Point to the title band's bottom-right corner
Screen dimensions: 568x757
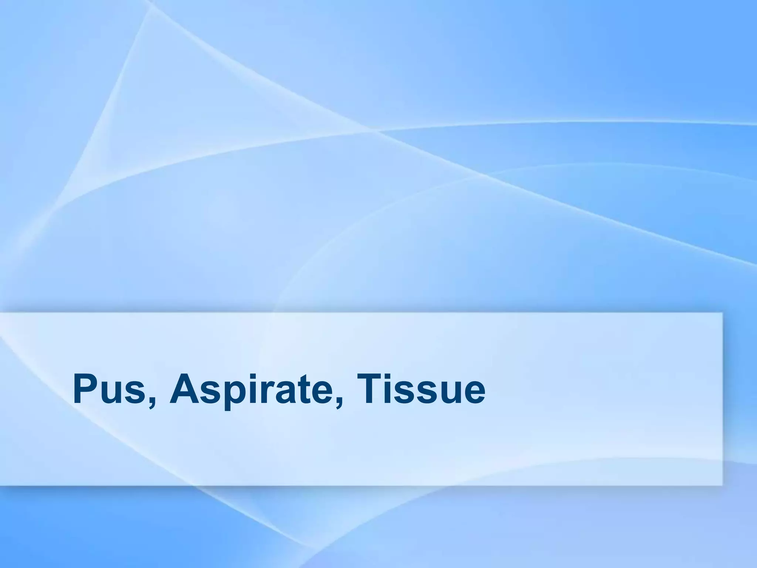point(722,484)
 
